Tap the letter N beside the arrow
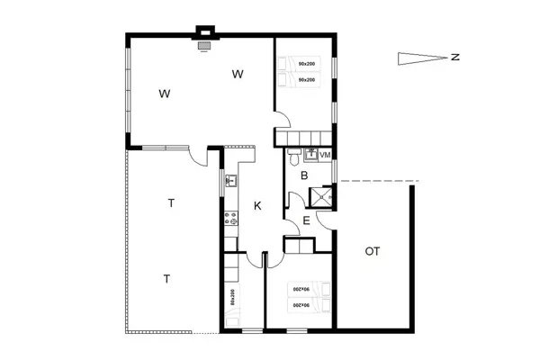point(456,58)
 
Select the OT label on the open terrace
point(372,251)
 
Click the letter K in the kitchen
point(257,206)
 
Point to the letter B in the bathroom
point(305,175)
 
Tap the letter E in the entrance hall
point(306,219)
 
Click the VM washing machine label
point(325,156)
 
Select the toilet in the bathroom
point(294,158)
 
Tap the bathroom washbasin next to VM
point(310,153)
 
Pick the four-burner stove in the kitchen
point(230,217)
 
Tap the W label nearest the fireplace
point(238,75)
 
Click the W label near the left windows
point(165,93)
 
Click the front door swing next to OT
point(326,219)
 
